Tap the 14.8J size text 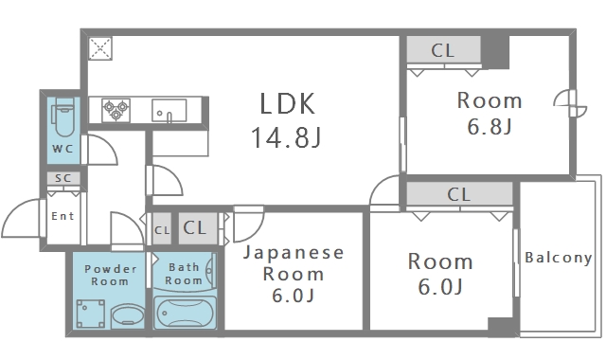286,139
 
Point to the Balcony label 558,257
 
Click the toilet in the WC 64,118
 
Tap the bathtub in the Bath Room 184,312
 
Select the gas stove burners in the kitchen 116,109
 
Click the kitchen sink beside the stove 169,110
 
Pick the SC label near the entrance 63,178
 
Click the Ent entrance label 62,216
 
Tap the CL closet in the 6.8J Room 443,50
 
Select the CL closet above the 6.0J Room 459,195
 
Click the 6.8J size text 490,128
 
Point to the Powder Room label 106,275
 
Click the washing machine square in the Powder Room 91,311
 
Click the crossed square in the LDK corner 100,48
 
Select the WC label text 62,150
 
